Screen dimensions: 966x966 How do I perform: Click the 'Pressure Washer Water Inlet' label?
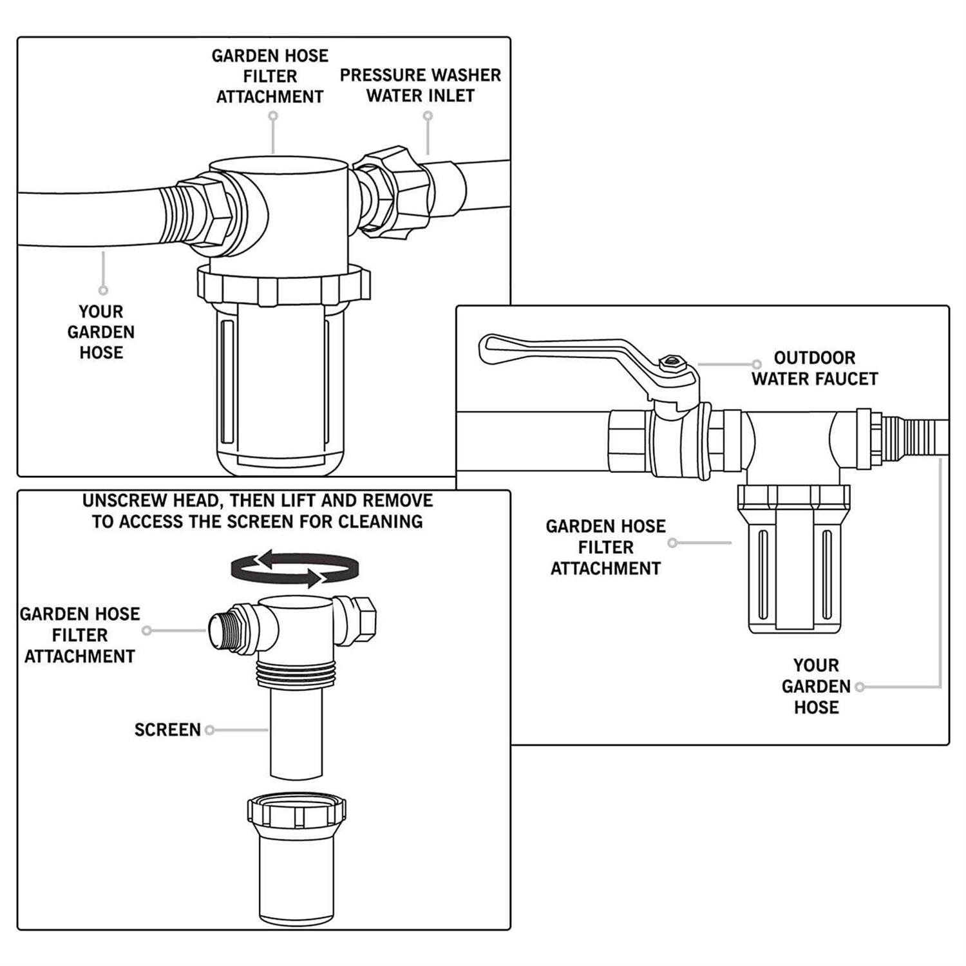(420, 85)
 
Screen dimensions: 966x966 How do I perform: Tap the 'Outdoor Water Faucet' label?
(814, 368)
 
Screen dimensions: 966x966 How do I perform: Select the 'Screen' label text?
(167, 730)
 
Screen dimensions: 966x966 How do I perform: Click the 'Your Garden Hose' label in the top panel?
(101, 332)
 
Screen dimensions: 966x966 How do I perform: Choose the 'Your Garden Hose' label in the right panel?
(816, 686)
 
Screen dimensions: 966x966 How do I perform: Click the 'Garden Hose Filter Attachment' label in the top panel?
(270, 76)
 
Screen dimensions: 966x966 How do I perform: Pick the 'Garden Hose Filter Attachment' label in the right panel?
(605, 547)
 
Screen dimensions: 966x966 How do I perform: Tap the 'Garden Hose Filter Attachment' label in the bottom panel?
(80, 635)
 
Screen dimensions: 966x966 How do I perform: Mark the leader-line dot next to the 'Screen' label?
(209, 730)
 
